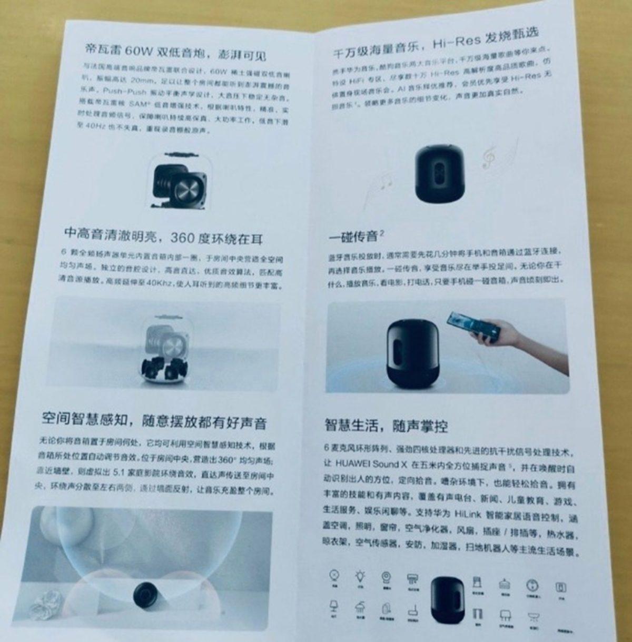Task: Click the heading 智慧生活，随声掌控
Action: pos(386,424)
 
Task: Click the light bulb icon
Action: pos(360,577)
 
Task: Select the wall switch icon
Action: pos(560,587)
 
